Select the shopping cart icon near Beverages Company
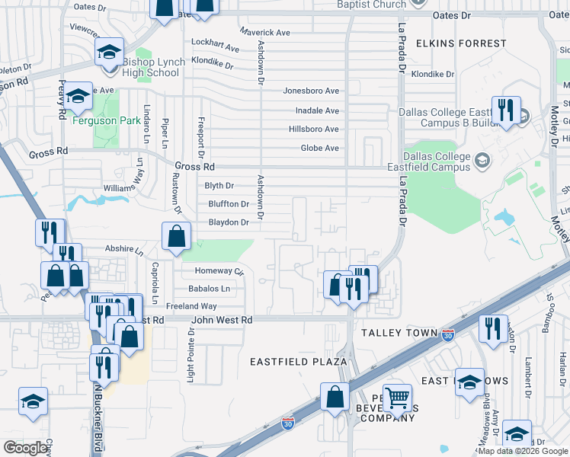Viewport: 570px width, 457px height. click(397, 398)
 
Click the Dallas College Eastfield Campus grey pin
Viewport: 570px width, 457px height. click(482, 160)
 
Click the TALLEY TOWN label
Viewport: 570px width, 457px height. click(399, 334)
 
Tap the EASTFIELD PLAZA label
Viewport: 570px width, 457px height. click(299, 362)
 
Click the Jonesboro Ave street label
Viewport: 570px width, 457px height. click(311, 91)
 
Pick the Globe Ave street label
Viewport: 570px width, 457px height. click(319, 149)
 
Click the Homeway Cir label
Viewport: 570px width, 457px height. click(219, 271)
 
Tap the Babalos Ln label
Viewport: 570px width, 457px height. click(209, 289)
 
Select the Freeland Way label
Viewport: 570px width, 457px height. click(191, 306)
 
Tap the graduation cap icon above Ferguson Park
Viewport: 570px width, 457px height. click(77, 97)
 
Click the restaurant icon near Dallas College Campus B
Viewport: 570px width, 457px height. click(505, 110)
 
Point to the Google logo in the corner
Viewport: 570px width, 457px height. click(25, 448)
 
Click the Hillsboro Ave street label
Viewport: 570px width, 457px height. click(313, 129)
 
